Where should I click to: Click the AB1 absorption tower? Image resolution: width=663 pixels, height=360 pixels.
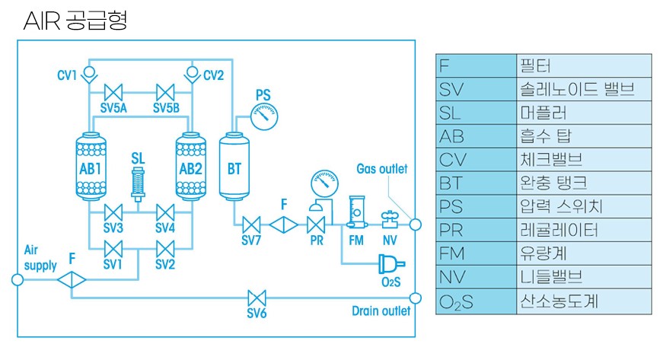click(91, 167)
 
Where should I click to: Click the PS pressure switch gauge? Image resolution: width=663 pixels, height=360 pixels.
click(263, 116)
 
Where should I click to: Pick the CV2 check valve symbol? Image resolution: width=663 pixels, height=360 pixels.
click(190, 74)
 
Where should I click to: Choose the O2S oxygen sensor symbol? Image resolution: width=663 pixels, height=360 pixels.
click(390, 264)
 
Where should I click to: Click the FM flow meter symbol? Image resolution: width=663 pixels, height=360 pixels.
click(355, 213)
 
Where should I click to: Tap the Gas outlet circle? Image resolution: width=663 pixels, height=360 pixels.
click(415, 225)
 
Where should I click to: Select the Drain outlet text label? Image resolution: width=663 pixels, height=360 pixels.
click(381, 311)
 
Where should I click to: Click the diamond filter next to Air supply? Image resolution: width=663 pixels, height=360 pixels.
click(72, 279)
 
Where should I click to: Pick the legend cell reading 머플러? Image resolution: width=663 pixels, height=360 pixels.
click(582, 113)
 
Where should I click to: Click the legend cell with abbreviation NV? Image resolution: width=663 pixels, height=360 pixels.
click(476, 277)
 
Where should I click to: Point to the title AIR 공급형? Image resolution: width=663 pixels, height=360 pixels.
click(75, 21)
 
